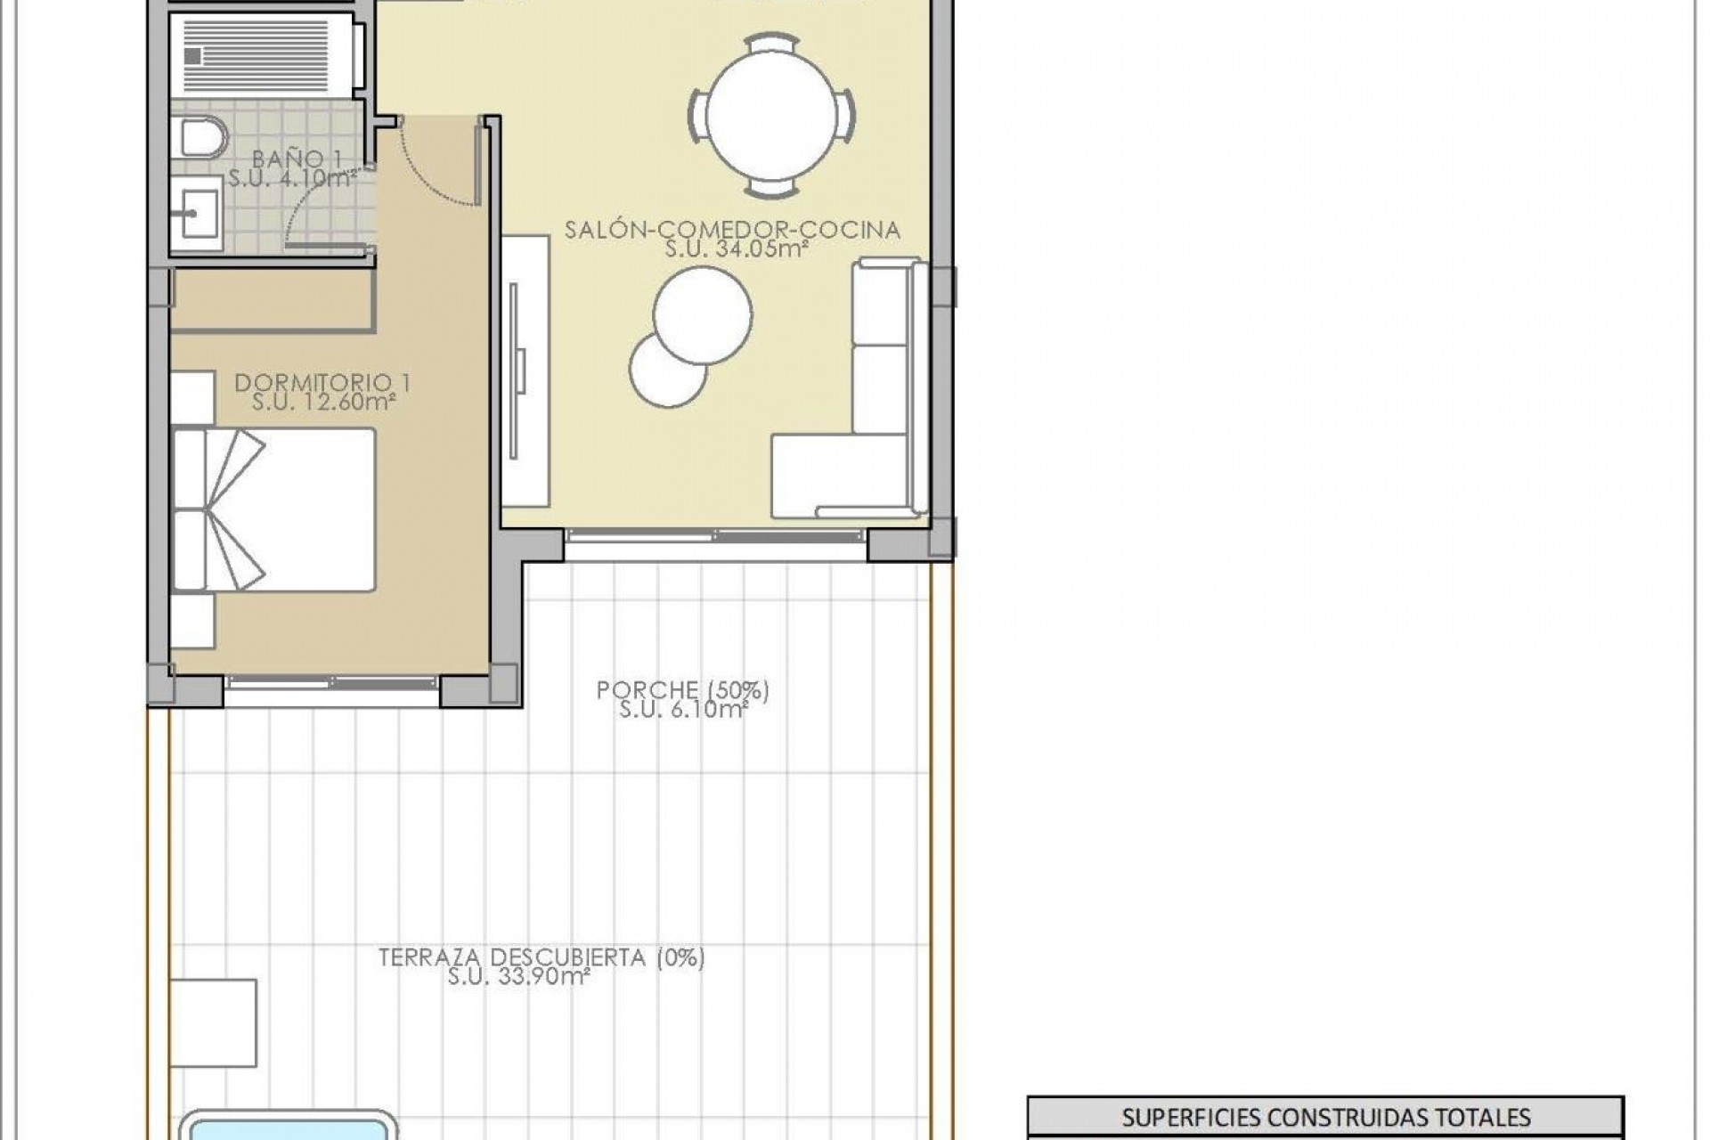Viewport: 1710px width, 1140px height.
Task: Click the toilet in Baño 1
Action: coord(203,138)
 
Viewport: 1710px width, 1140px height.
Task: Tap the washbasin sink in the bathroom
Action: coord(196,213)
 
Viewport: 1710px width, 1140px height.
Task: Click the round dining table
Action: coord(771,116)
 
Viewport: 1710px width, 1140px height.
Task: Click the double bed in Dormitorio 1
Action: coord(273,509)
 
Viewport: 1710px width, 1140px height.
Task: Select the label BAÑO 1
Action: coord(297,159)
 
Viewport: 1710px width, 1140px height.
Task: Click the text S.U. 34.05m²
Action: coord(736,249)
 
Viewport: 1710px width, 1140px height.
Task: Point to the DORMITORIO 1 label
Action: coord(322,383)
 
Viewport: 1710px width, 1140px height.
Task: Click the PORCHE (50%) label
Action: coord(682,690)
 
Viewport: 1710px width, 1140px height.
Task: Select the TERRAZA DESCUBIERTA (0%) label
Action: coord(541,957)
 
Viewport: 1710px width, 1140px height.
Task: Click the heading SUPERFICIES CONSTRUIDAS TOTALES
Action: coord(1325,1117)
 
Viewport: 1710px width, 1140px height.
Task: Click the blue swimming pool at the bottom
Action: coord(294,1127)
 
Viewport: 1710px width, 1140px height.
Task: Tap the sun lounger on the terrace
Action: coord(213,1022)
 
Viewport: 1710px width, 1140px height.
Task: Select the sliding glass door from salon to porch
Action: coord(715,535)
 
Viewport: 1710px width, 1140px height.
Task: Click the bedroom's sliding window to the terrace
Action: coord(331,683)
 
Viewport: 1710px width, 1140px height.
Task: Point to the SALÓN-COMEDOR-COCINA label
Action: coord(732,230)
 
